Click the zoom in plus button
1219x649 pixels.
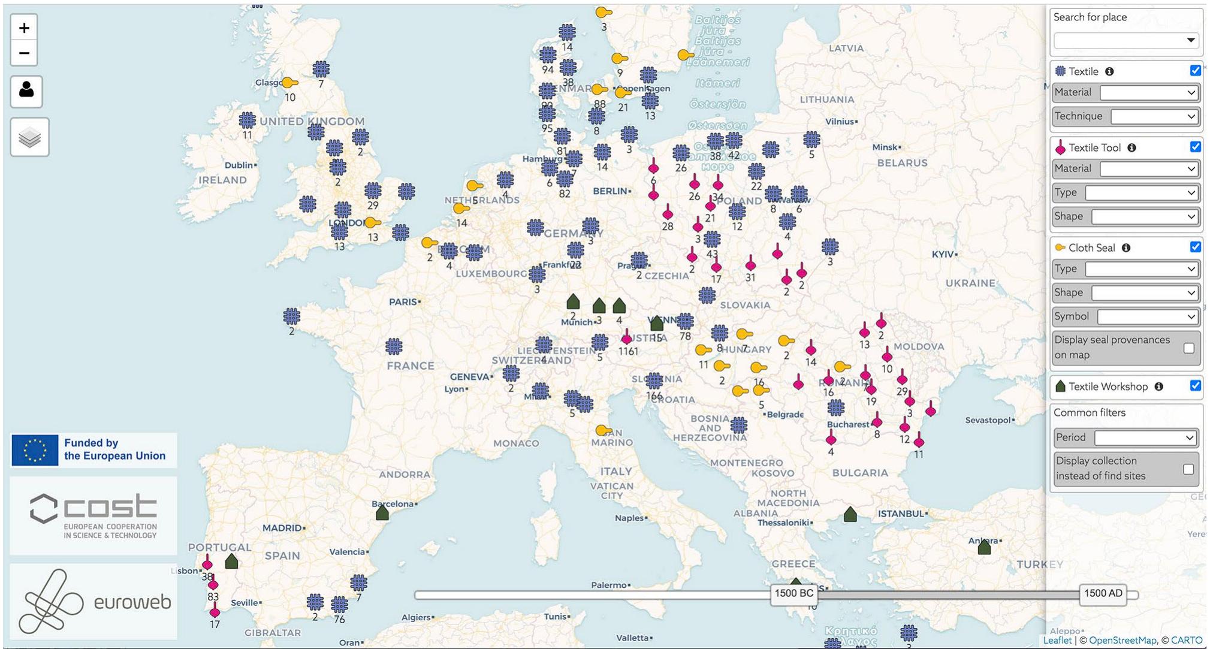click(x=24, y=28)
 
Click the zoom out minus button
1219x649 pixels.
click(x=24, y=53)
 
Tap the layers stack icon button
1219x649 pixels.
click(x=29, y=138)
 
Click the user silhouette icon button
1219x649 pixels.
click(x=26, y=91)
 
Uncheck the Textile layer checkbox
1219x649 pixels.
click(x=1195, y=71)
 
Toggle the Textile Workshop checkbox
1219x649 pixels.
click(x=1195, y=386)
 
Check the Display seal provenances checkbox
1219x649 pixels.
click(x=1189, y=348)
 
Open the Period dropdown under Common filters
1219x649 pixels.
click(x=1145, y=437)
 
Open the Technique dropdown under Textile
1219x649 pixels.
click(x=1154, y=116)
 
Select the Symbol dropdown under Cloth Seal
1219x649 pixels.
click(x=1147, y=316)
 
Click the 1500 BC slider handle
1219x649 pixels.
click(x=793, y=593)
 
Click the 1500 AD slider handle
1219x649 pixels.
click(x=1103, y=593)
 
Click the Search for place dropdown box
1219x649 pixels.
click(x=1126, y=40)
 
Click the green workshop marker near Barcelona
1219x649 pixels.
click(x=382, y=513)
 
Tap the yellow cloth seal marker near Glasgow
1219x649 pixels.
click(x=289, y=83)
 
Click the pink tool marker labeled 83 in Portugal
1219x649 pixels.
click(x=213, y=584)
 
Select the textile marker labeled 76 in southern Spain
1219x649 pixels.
click(x=339, y=604)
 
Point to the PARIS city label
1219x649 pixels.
click(x=403, y=301)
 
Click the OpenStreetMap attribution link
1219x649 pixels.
click(x=1123, y=640)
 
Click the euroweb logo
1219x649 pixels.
click(x=93, y=601)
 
